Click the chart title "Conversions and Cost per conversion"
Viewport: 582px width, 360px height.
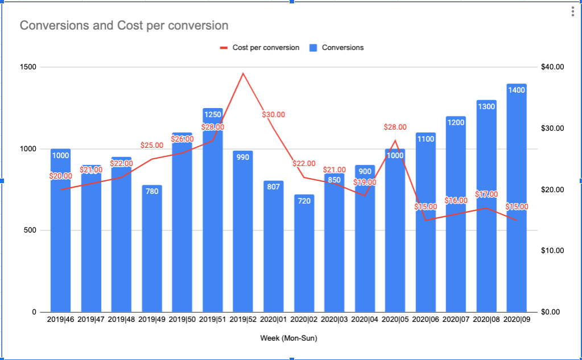124,26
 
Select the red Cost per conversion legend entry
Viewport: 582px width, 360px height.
260,48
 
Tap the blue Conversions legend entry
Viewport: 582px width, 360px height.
336,48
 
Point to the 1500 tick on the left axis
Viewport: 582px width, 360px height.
28,67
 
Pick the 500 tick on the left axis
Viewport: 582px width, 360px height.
31,230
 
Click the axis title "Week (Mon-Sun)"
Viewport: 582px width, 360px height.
288,338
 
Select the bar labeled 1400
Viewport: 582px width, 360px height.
517,199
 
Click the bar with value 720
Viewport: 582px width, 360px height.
304,256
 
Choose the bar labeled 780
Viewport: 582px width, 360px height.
152,250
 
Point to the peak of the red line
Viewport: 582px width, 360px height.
243,73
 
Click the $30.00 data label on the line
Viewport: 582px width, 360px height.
273,115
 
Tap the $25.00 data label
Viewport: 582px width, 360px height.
152,146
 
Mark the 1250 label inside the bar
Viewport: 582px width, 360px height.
213,114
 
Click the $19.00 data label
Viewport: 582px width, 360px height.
365,183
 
